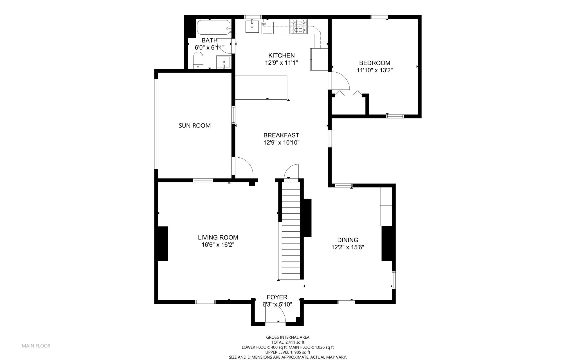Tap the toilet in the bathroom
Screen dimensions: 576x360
coord(198,60)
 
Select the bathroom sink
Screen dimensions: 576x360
coord(224,62)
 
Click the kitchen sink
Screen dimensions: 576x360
coord(252,26)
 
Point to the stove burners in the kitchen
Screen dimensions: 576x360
coord(299,26)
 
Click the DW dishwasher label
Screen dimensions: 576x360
coord(264,24)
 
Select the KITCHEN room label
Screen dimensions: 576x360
coord(281,55)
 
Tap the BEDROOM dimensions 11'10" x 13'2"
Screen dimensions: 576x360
coord(375,70)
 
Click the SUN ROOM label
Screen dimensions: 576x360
coord(195,126)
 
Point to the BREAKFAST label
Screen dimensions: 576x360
coord(281,135)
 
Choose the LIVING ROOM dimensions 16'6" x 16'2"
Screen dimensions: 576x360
coord(218,245)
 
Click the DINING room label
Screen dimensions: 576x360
coord(348,240)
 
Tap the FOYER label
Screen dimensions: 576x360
coord(277,297)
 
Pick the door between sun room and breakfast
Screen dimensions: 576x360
coord(242,166)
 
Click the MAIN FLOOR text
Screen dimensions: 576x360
coord(36,346)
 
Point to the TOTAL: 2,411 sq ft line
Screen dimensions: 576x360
coord(288,343)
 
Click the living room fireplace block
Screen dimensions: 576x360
coord(163,243)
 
